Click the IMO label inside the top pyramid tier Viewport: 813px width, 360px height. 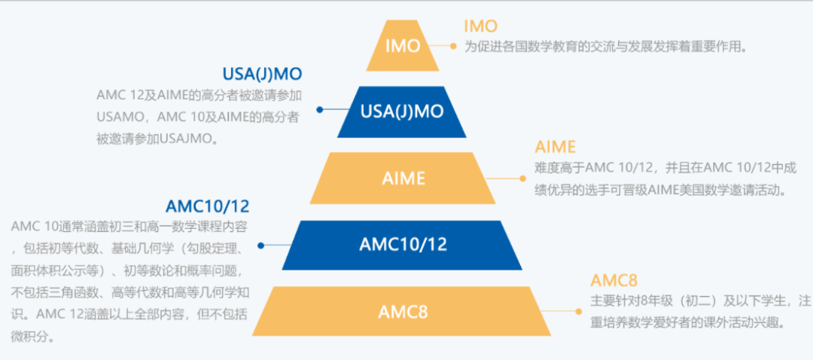[x=403, y=46]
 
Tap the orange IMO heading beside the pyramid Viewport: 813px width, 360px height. [x=480, y=26]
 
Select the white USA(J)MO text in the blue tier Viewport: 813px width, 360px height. [x=402, y=111]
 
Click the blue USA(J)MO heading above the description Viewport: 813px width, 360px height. [x=262, y=74]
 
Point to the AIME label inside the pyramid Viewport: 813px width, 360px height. [x=403, y=178]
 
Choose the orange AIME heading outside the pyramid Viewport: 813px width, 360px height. [x=556, y=147]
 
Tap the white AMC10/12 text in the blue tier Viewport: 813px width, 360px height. [x=403, y=244]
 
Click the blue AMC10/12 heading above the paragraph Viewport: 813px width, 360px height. [x=208, y=206]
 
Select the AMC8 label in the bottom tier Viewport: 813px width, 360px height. [x=403, y=312]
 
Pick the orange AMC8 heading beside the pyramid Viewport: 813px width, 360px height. [x=614, y=281]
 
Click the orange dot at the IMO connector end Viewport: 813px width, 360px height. [x=453, y=46]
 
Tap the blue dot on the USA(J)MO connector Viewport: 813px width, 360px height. [x=320, y=109]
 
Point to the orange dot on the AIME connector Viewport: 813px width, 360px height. [x=522, y=178]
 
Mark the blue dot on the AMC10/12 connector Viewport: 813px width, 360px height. [x=260, y=246]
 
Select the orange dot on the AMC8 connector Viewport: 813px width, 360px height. [x=579, y=311]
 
